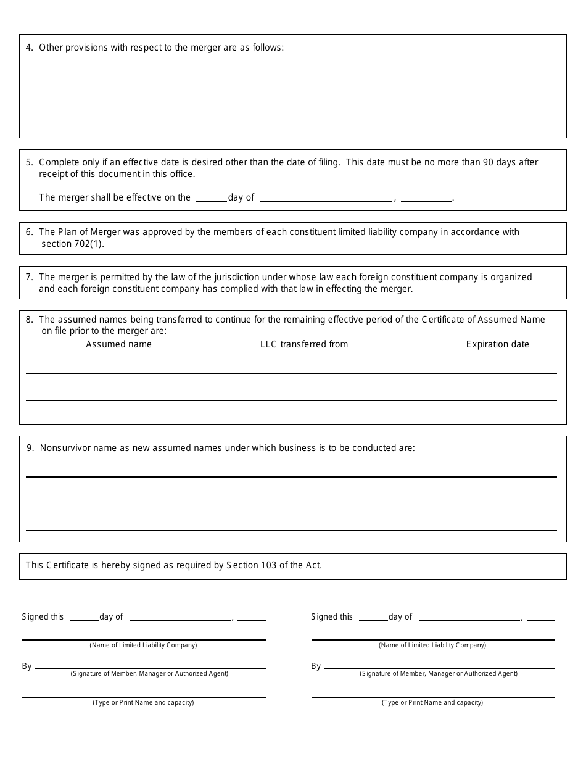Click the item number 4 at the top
[30, 48]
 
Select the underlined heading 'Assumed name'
[119, 344]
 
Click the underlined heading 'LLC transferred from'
[304, 344]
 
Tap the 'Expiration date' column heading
[498, 344]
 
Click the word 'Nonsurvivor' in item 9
[65, 448]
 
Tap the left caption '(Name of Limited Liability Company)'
[143, 645]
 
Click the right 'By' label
[316, 666]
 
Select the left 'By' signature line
[151, 666]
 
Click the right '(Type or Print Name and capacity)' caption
[432, 702]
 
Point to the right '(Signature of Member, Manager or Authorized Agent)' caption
[439, 673]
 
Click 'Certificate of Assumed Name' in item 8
[484, 320]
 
